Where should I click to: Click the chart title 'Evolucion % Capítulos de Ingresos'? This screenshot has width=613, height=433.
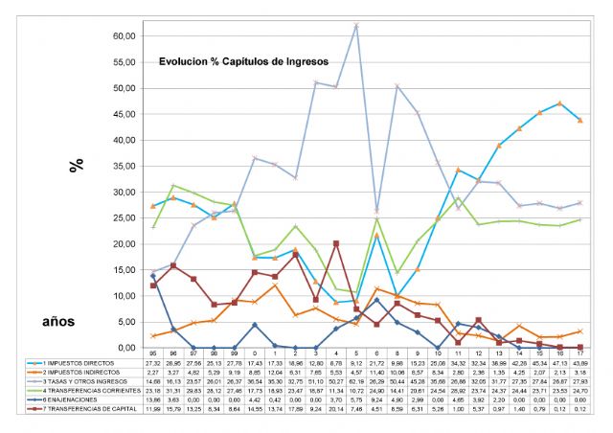point(243,60)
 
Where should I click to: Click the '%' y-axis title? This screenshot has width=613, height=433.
point(76,164)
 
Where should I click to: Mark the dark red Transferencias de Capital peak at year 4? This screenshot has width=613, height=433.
point(336,243)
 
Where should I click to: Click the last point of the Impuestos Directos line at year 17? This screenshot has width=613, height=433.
point(579,120)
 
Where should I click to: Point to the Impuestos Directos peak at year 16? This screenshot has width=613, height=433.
point(559,103)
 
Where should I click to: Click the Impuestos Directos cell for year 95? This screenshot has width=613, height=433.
point(153,365)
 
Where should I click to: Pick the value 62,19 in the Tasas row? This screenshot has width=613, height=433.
point(357,381)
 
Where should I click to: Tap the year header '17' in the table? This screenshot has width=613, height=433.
point(580,355)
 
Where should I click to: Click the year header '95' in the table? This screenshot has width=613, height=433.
point(153,355)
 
